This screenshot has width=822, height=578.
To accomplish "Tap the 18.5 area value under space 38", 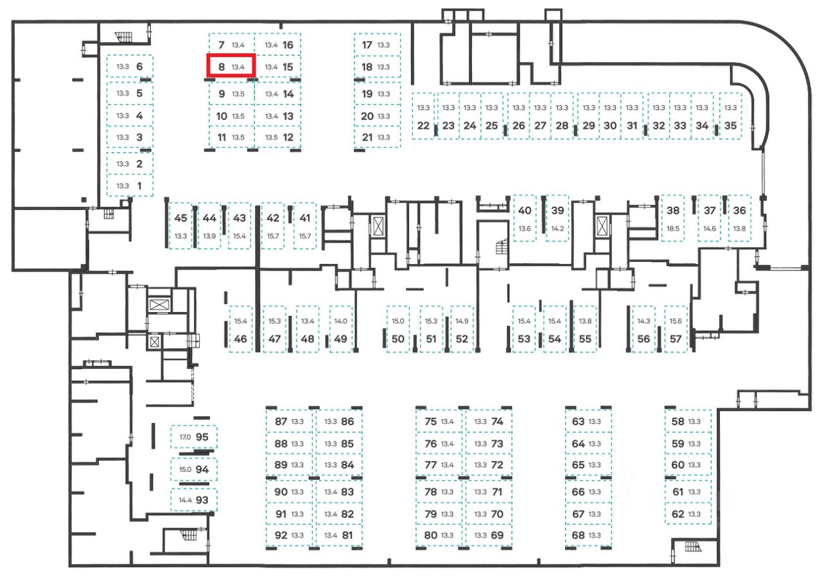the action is tap(673, 229).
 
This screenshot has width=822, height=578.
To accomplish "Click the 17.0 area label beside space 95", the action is tap(185, 437).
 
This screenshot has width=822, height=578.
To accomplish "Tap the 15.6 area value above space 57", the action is tap(675, 321).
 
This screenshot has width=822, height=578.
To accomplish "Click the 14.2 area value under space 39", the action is tap(557, 229).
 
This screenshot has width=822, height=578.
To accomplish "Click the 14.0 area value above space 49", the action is tap(340, 321).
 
